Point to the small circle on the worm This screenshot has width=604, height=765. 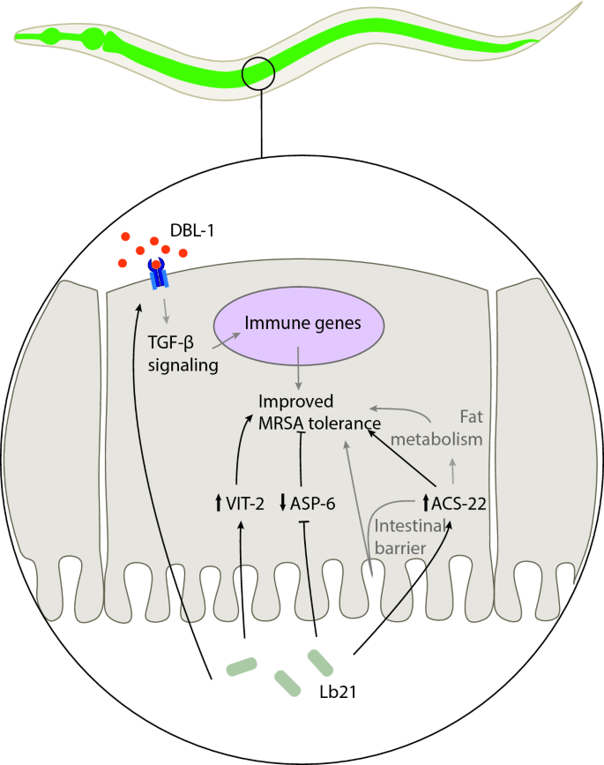click(x=262, y=73)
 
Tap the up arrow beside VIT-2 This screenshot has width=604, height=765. click(x=219, y=504)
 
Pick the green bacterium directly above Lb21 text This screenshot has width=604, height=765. click(x=320, y=661)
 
